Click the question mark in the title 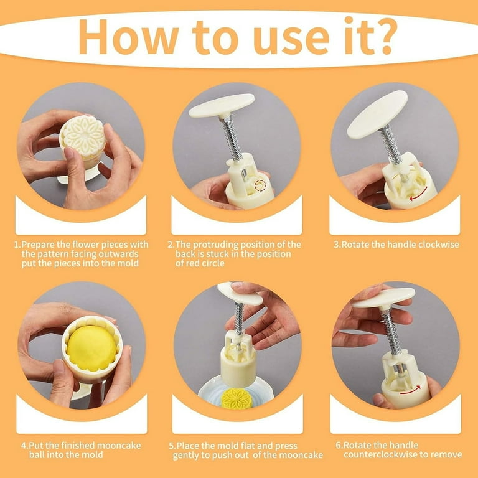click(x=383, y=35)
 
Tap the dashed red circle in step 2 click(x=260, y=185)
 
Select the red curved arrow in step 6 click(x=410, y=390)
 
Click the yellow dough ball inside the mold click(x=91, y=348)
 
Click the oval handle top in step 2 click(x=222, y=105)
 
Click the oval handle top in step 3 click(x=377, y=115)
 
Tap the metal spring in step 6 click(x=391, y=330)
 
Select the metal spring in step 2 click(x=233, y=139)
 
